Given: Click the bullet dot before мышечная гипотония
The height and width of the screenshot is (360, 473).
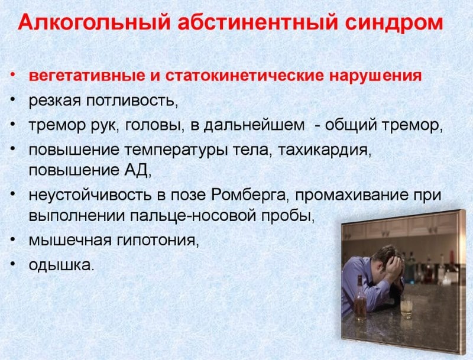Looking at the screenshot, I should [x=13, y=241].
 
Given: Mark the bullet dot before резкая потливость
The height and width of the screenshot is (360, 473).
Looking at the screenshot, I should [x=13, y=101].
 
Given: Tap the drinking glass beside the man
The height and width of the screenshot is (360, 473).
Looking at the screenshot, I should [x=406, y=307].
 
